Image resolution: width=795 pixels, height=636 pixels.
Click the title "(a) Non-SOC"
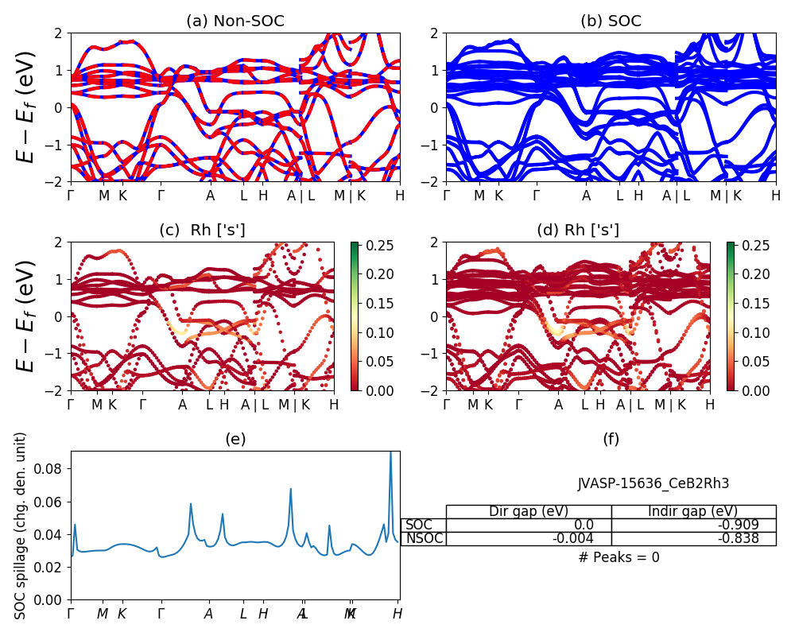pyautogui.click(x=235, y=21)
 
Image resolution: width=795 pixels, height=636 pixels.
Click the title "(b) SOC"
pyautogui.click(x=611, y=21)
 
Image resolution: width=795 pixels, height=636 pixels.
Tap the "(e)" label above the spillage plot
pyautogui.click(x=235, y=440)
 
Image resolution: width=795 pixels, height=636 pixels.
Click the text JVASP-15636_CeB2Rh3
pyautogui.click(x=653, y=483)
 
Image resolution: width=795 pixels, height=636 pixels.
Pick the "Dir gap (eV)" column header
pyautogui.click(x=529, y=511)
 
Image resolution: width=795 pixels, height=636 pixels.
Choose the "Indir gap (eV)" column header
pyautogui.click(x=693, y=511)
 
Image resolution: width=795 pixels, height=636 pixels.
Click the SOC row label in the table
pyautogui.click(x=419, y=525)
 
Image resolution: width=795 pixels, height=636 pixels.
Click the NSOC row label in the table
pyautogui.click(x=425, y=538)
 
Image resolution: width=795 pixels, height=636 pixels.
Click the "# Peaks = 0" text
pyautogui.click(x=619, y=557)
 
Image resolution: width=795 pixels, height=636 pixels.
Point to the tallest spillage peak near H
pyautogui.click(x=390, y=453)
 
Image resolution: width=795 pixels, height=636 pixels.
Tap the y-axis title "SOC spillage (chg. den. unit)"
pyautogui.click(x=21, y=525)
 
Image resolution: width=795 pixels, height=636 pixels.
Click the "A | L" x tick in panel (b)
pyautogui.click(x=677, y=196)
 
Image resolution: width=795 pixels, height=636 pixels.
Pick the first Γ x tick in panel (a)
pyautogui.click(x=71, y=196)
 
